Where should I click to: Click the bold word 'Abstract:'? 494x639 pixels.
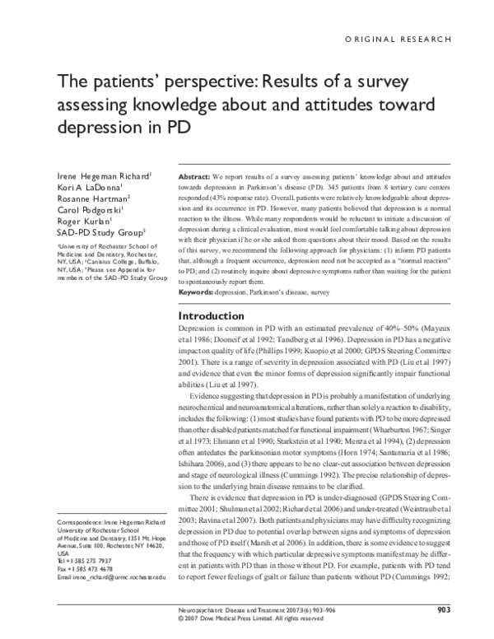coord(194,177)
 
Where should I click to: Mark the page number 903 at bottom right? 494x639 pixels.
coord(444,610)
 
